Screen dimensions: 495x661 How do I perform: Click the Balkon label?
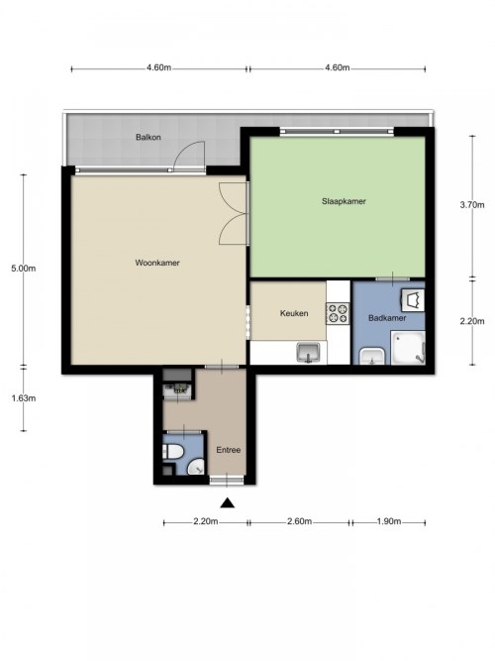148,137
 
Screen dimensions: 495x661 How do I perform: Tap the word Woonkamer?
157,263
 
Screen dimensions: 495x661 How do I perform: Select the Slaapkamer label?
344,201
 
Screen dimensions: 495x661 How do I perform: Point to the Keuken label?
294,313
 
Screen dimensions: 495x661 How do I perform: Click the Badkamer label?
387,318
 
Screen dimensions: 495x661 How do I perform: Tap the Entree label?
229,450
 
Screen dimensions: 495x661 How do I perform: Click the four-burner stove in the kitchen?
338,313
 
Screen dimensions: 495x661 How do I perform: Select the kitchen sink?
309,352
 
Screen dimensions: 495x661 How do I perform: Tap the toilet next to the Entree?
172,452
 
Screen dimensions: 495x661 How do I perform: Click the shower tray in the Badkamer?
408,348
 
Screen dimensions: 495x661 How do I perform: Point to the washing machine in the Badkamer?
412,299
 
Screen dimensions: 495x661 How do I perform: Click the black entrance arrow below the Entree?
227,502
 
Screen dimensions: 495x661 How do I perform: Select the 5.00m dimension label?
24,269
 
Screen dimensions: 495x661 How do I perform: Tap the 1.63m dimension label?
24,398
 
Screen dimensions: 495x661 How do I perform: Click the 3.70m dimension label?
472,205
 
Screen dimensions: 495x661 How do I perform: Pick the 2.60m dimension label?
300,521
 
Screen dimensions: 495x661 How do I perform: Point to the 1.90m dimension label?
389,521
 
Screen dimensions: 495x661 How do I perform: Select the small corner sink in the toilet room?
196,467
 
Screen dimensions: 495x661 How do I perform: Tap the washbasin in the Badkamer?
372,356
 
